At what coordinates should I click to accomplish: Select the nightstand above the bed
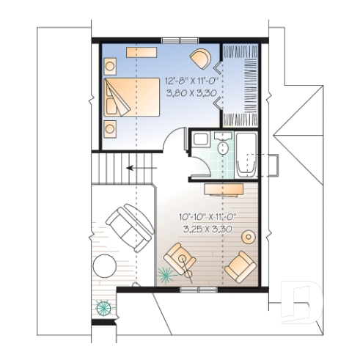point(110,66)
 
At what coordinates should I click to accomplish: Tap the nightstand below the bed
point(110,129)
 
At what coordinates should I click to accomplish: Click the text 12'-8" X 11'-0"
point(188,82)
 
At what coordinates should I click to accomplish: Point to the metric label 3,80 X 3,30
point(188,93)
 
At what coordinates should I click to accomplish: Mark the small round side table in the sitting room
point(249,236)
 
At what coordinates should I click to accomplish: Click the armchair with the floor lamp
point(181,260)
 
